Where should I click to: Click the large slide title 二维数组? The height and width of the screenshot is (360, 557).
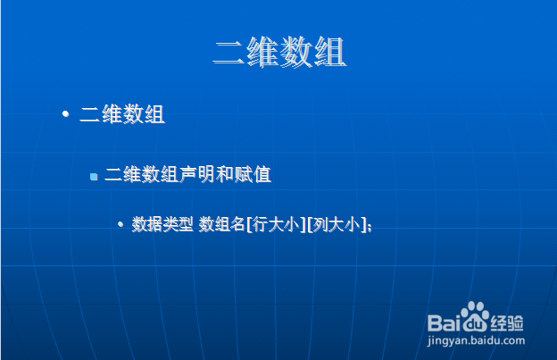coord(279,52)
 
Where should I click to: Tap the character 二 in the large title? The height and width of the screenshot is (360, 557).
coord(229,53)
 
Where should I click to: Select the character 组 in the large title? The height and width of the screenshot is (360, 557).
coord(330,52)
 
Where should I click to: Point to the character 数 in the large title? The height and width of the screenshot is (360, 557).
coord(296,52)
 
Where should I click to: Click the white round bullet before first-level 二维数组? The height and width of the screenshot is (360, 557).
coord(65,113)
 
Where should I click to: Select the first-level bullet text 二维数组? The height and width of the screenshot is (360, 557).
coord(122,114)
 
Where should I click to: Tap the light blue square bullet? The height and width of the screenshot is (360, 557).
coord(94,177)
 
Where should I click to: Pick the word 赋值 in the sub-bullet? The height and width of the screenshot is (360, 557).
coord(253,174)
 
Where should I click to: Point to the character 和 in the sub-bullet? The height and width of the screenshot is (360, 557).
coord(225,174)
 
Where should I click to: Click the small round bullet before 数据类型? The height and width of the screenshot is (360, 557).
coord(121,224)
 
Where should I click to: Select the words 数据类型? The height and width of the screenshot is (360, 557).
coord(162,224)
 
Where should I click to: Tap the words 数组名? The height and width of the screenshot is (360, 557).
coord(221,224)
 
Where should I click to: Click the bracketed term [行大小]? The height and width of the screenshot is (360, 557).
coord(276,224)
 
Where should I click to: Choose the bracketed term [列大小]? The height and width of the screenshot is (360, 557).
coord(337,224)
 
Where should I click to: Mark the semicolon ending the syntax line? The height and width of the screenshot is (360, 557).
coord(370,227)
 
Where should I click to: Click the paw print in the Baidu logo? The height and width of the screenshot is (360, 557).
coord(475,316)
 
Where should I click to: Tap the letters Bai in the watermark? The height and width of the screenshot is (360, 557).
coord(444,323)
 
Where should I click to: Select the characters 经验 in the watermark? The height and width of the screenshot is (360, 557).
coord(507,323)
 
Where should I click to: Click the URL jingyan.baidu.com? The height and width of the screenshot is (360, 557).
coord(476,340)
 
